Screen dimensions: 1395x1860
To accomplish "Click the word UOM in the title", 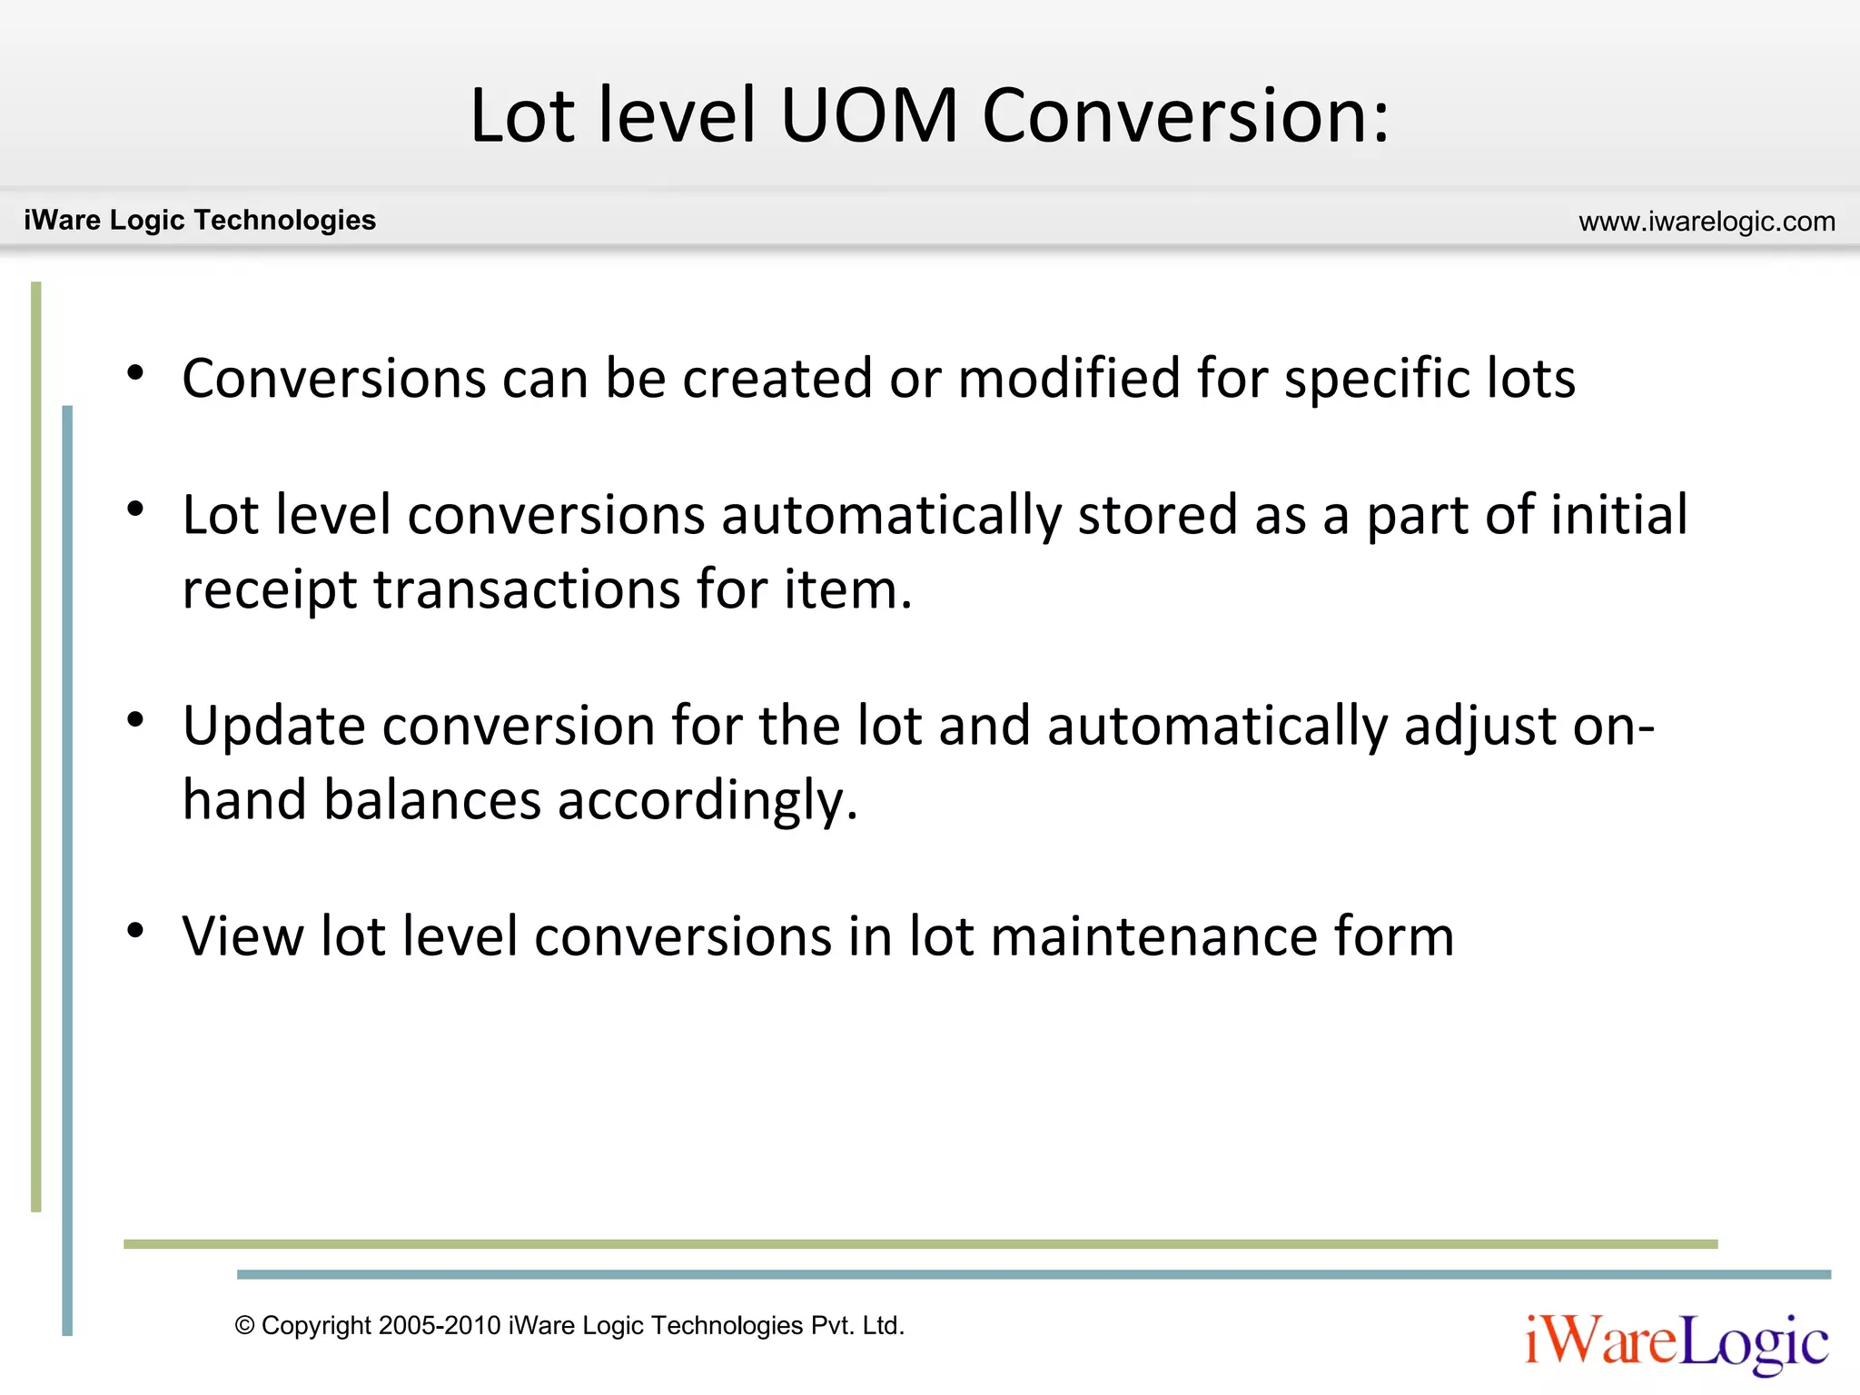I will [868, 116].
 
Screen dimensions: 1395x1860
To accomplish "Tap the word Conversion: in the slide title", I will [1185, 116].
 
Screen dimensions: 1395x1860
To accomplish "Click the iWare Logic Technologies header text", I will [200, 220].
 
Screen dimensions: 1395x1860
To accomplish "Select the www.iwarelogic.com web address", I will [1707, 222].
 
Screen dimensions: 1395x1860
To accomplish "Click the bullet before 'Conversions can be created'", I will [136, 373].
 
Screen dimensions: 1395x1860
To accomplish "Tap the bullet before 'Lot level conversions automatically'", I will [136, 510].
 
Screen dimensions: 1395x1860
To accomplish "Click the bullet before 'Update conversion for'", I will [136, 720].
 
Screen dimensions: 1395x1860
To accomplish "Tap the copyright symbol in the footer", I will [244, 1326].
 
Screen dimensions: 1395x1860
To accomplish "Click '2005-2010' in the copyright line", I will [440, 1326].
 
